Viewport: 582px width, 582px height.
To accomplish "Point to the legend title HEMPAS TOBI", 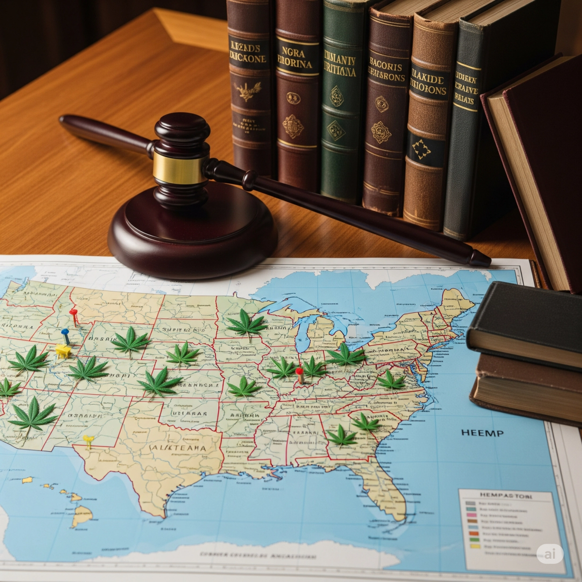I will click(505, 497).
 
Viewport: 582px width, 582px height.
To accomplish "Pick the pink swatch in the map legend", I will click(471, 511).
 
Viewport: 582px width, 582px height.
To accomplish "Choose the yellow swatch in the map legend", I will click(474, 546).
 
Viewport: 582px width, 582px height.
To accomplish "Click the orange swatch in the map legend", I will click(473, 532).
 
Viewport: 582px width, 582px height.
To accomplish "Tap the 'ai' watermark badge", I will click(550, 554).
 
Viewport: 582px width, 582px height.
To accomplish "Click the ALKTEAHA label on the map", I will click(178, 449).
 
